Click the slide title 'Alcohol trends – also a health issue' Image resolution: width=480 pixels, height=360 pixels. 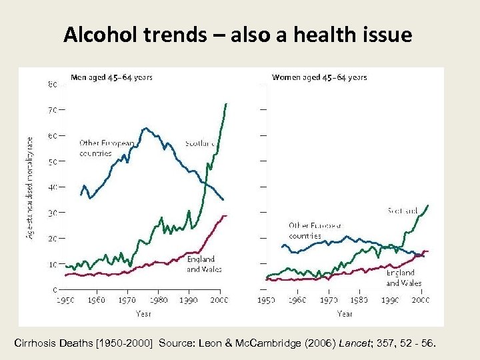coord(238,35)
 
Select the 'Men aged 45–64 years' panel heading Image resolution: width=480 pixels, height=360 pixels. coord(111,77)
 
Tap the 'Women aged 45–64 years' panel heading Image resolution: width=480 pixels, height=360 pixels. coord(319,77)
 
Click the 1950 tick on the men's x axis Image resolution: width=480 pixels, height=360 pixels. coord(65,301)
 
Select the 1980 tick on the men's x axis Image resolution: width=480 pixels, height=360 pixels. coord(158,301)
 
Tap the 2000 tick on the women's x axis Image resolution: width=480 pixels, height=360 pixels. coord(420,301)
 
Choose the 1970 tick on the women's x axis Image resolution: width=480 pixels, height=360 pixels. coord(327,301)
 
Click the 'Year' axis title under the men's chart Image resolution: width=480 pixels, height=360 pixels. coord(143,313)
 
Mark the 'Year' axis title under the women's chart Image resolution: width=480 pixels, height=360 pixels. coord(345,313)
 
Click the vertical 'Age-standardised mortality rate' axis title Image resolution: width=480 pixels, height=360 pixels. coord(30,188)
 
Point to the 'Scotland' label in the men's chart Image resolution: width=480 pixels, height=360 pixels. coord(201,143)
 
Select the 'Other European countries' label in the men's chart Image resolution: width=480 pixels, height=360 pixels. coord(107,148)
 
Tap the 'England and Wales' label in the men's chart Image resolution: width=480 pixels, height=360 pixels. coord(203,264)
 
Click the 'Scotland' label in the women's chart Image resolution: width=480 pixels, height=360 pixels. coord(403,211)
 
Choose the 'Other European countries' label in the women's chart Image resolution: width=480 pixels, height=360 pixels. coord(315,231)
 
